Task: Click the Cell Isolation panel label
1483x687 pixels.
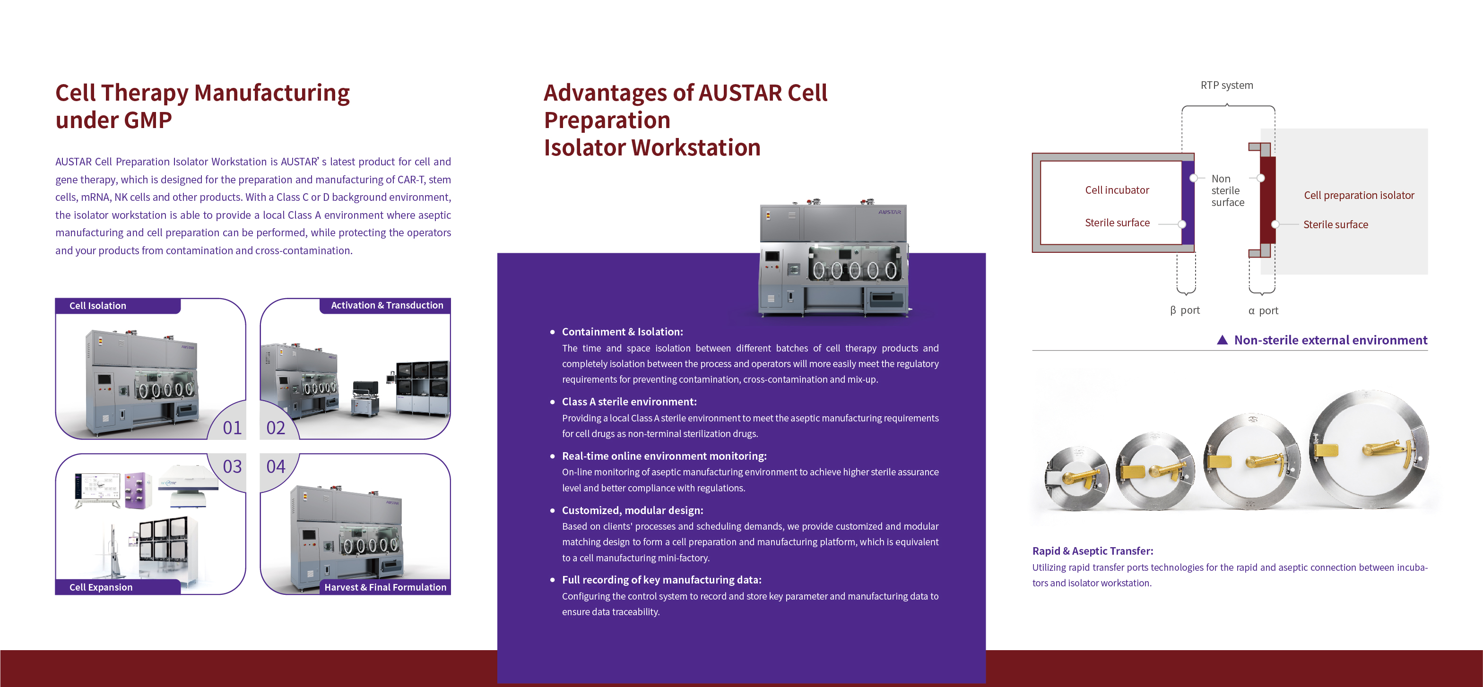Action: point(97,306)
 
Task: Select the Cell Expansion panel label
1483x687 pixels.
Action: point(101,587)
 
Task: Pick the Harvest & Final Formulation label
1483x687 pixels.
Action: point(385,587)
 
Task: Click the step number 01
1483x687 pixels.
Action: point(232,428)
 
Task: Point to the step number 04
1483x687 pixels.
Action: point(276,466)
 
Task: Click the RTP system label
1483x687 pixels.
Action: point(1226,85)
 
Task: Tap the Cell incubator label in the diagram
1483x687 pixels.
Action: point(1117,190)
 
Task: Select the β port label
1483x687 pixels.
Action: point(1185,310)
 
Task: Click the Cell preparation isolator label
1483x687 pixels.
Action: point(1359,195)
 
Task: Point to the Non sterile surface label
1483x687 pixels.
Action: point(1227,190)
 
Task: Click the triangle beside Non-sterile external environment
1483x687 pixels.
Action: point(1222,340)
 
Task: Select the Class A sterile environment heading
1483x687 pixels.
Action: point(629,402)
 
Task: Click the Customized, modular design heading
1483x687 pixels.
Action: point(632,510)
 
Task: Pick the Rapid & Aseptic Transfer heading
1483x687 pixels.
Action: point(1092,550)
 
